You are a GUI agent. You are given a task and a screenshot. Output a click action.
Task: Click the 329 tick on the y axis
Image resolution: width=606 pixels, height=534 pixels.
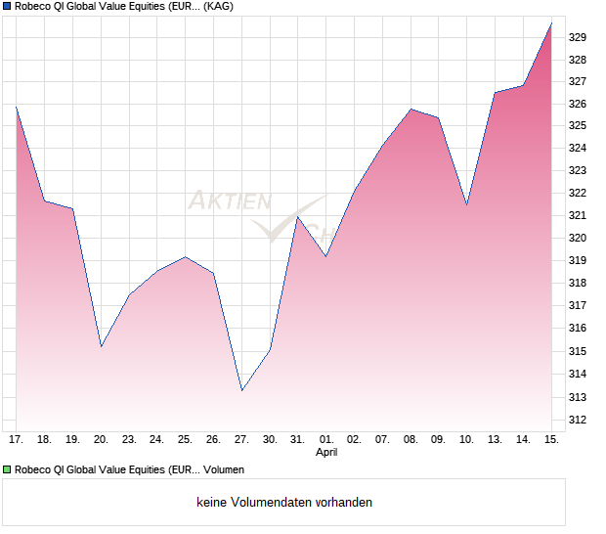click(578, 37)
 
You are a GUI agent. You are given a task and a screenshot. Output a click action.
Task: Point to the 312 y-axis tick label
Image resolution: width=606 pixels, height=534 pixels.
click(578, 420)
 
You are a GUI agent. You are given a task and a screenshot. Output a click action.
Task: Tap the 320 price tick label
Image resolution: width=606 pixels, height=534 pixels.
click(578, 239)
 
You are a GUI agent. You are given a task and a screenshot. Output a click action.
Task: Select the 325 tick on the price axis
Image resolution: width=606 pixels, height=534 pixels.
click(578, 126)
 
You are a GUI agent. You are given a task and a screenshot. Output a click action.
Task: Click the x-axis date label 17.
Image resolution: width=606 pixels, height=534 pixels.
click(16, 440)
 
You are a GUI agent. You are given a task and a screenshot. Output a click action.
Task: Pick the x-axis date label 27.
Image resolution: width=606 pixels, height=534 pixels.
click(241, 440)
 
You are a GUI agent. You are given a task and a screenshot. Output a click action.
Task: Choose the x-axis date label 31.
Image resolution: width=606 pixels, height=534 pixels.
click(298, 440)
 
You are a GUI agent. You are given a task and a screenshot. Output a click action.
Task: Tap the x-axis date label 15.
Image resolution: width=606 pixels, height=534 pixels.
click(551, 440)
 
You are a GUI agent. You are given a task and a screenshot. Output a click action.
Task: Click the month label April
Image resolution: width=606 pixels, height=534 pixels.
click(326, 453)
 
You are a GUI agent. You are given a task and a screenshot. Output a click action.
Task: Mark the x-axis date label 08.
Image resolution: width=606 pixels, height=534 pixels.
click(411, 440)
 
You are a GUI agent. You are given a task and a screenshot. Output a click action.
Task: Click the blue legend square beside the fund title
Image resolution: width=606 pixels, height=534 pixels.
click(7, 6)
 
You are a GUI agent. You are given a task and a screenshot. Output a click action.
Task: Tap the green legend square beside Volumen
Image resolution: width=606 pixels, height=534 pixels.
click(7, 469)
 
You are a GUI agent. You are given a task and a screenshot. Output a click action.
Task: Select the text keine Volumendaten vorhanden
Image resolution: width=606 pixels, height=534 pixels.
click(284, 503)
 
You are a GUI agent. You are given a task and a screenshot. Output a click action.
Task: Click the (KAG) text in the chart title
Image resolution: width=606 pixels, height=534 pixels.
click(217, 6)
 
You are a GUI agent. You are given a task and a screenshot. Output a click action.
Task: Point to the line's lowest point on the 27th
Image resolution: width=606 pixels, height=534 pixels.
click(241, 391)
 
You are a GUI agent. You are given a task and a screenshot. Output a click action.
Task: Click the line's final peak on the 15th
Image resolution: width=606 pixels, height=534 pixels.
click(551, 22)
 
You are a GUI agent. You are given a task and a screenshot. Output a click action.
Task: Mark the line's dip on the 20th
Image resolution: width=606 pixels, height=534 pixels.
click(101, 347)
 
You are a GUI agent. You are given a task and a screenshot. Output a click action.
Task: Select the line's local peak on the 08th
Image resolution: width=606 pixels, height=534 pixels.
click(411, 109)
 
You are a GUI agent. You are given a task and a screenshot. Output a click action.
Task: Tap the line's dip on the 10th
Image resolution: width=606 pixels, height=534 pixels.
click(466, 204)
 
